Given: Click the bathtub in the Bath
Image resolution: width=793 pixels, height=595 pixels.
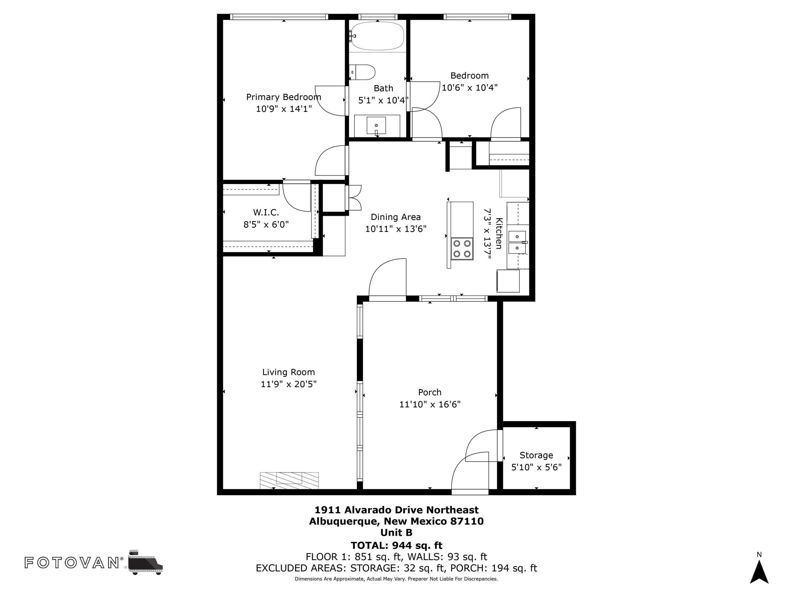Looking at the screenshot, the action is tap(377, 36).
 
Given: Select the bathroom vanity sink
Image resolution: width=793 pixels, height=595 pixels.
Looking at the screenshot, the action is tap(376, 126).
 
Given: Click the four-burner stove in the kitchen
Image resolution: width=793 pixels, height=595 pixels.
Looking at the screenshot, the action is tap(462, 249).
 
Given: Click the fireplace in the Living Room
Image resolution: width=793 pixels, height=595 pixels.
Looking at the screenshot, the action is tap(289, 480).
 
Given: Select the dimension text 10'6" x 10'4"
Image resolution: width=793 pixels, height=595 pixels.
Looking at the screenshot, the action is tap(470, 88).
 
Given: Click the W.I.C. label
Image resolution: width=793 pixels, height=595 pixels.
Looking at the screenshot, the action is tap(266, 212).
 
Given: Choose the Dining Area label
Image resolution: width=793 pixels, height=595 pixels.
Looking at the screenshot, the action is tap(396, 217).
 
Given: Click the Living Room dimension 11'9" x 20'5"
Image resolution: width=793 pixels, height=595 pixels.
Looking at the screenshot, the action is tap(289, 384).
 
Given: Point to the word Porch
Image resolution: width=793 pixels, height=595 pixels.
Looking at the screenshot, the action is tap(430, 392).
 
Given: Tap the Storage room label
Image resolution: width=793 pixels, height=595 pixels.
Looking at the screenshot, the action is tap(536, 455).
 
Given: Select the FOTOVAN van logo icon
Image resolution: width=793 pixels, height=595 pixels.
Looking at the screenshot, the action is tap(145, 562).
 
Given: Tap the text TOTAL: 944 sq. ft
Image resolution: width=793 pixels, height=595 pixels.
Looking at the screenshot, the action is tap(396, 546).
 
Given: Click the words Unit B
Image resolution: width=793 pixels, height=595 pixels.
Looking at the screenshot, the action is tap(396, 533).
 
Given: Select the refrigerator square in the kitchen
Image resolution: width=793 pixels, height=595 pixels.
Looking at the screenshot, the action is tap(508, 281).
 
